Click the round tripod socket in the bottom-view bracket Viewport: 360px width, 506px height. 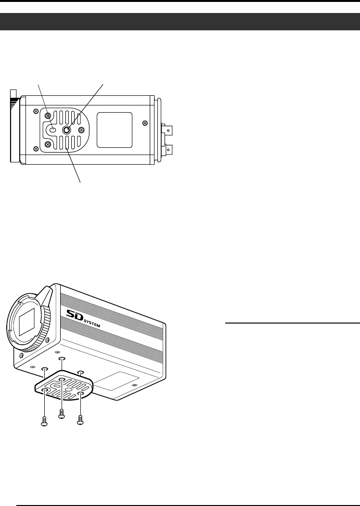tap(66, 130)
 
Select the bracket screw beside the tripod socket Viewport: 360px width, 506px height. tap(81, 130)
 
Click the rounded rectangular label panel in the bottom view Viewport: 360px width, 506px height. tap(115, 130)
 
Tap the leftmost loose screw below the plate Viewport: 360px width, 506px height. tap(44, 422)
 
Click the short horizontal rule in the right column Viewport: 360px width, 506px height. tap(293, 323)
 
